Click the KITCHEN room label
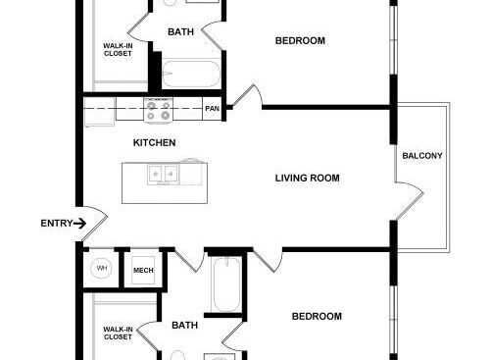pos(154,142)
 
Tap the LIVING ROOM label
pos(307,179)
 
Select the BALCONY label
pos(422,156)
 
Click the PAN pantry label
pos(212,108)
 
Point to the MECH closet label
pos(143,271)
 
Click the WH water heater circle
pos(102,268)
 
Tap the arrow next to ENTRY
pos(79,224)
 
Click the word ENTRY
pos(57,224)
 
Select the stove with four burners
pos(159,110)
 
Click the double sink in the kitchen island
pos(163,174)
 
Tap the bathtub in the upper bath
pos(191,74)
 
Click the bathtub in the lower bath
pos(226,284)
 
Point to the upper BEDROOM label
pos(300,41)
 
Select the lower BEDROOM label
pos(317,317)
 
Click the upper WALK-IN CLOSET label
pos(118,50)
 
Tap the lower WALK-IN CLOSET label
pos(118,334)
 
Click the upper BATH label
pos(180,32)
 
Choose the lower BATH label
pos(184,326)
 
